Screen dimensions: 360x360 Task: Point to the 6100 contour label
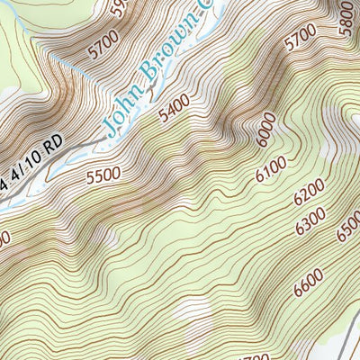271,168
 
